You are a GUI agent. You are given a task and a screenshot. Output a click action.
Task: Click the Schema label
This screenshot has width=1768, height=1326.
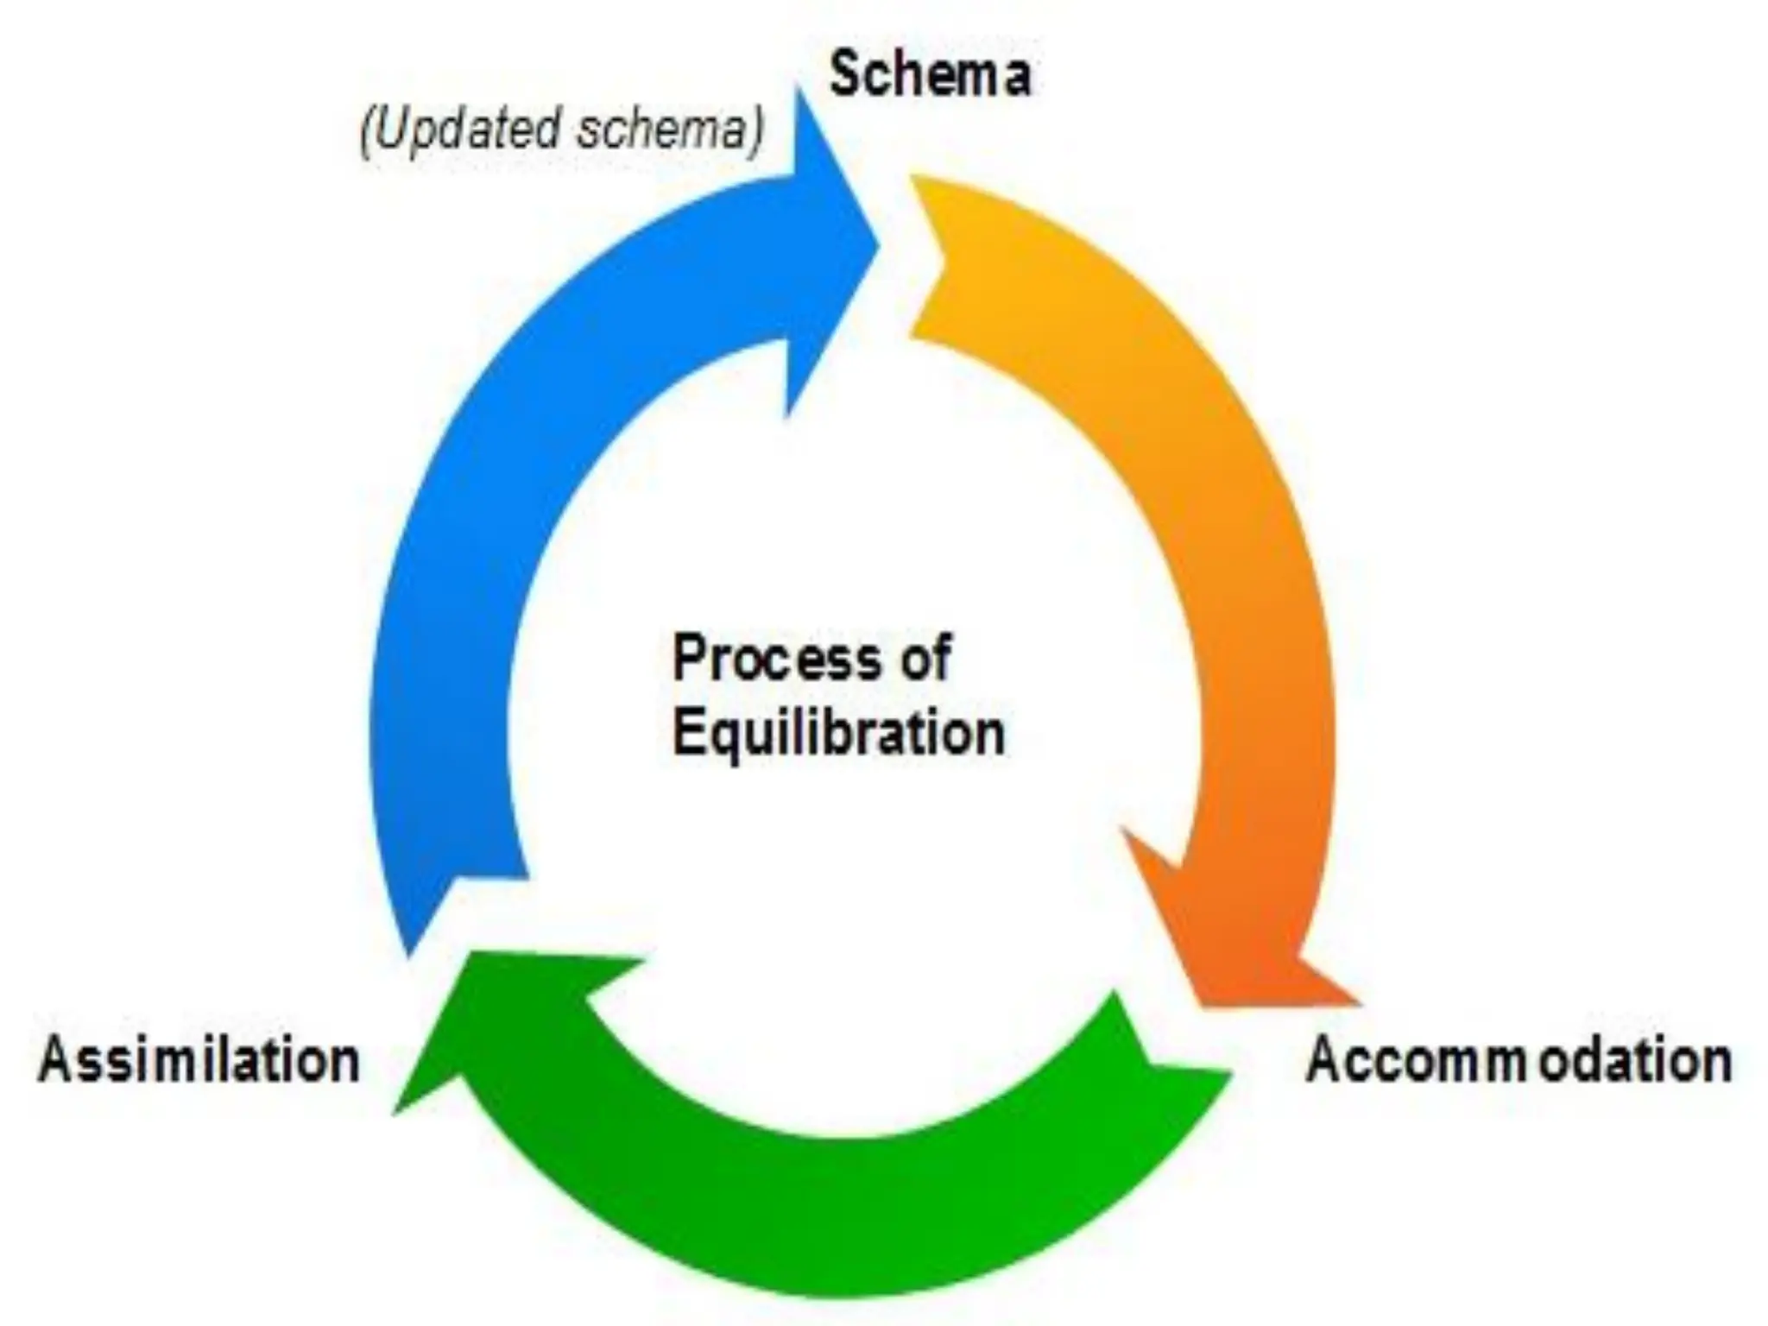point(930,75)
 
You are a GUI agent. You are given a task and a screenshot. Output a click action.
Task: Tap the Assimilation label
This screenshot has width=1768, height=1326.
point(199,1060)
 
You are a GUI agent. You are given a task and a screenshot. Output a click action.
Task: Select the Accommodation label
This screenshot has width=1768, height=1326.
point(1519,1060)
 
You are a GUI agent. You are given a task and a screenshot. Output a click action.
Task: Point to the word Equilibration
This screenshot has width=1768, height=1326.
point(838,734)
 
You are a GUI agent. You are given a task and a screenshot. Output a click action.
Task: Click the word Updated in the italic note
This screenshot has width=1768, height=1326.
point(467,129)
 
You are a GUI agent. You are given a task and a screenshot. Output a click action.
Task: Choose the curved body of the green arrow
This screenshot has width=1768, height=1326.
point(829,1209)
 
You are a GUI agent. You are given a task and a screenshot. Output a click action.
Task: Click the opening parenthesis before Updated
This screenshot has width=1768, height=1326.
point(366,131)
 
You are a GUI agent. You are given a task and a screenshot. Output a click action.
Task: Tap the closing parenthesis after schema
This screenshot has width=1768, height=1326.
point(757,131)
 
